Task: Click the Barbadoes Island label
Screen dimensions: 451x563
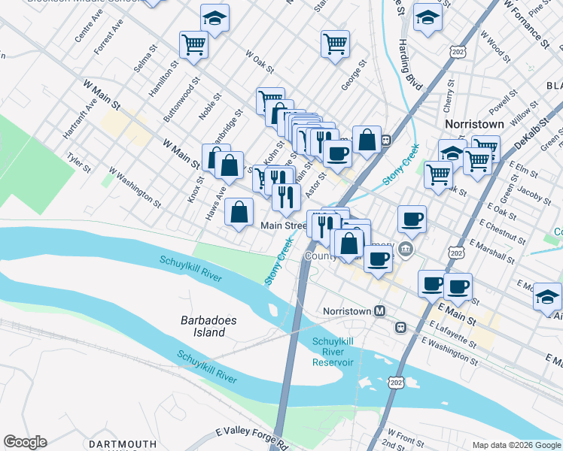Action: pos(208,326)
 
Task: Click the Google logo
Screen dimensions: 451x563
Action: pos(25,442)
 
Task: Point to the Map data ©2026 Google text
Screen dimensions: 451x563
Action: pos(516,445)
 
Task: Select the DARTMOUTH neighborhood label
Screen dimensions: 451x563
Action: pos(122,445)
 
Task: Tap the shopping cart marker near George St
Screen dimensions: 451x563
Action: pos(334,43)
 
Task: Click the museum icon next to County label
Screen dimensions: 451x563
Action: pos(406,249)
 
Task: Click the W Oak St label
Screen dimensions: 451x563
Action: pos(259,62)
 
